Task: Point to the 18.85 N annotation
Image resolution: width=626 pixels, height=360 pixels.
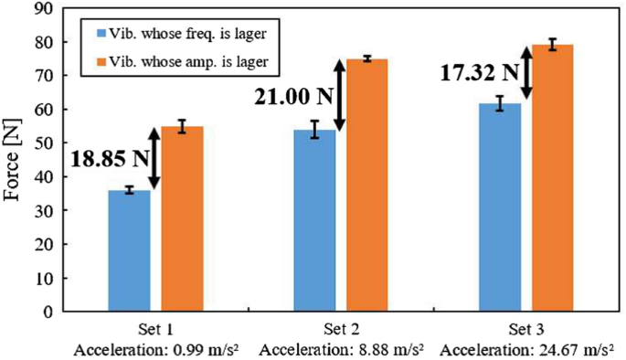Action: click(109, 156)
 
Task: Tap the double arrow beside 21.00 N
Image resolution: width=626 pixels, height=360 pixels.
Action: click(339, 95)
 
